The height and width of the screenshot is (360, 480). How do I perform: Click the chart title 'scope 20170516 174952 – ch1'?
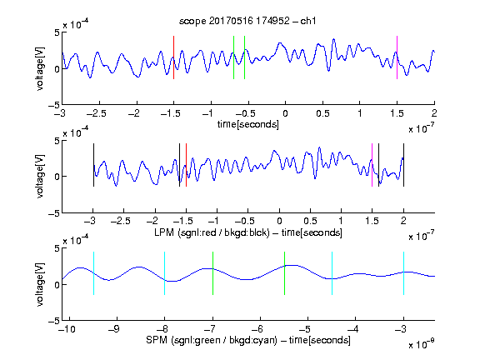point(247,21)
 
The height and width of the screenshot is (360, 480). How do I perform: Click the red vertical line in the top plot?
point(174,57)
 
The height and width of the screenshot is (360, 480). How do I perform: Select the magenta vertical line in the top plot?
point(397,57)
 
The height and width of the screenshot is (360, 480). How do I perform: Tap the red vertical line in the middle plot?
point(186,165)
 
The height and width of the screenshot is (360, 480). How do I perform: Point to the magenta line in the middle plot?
point(372,165)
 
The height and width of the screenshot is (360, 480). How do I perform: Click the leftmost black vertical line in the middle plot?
point(93,165)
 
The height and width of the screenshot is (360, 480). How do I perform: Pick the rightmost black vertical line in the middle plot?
point(403,165)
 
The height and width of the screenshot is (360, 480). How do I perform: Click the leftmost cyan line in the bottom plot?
point(93,273)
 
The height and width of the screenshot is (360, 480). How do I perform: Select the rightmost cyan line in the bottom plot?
point(403,273)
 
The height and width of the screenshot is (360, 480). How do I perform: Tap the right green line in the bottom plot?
point(284,273)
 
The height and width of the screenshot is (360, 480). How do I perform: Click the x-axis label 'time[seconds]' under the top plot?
point(248,124)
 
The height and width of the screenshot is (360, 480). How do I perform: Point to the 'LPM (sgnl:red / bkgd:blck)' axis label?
point(212,232)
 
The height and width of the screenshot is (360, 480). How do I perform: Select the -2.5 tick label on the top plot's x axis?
point(96,114)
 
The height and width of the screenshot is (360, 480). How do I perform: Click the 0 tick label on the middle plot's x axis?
point(279,221)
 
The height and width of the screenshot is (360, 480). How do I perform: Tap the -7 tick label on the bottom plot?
point(209,329)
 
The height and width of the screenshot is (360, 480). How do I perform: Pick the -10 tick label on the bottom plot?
point(67,329)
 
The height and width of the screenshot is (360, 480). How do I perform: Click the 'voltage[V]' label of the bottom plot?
point(40,284)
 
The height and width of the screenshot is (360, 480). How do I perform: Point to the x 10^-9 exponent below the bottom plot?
point(421,343)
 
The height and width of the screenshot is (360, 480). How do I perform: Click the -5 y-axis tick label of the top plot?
point(54,105)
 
